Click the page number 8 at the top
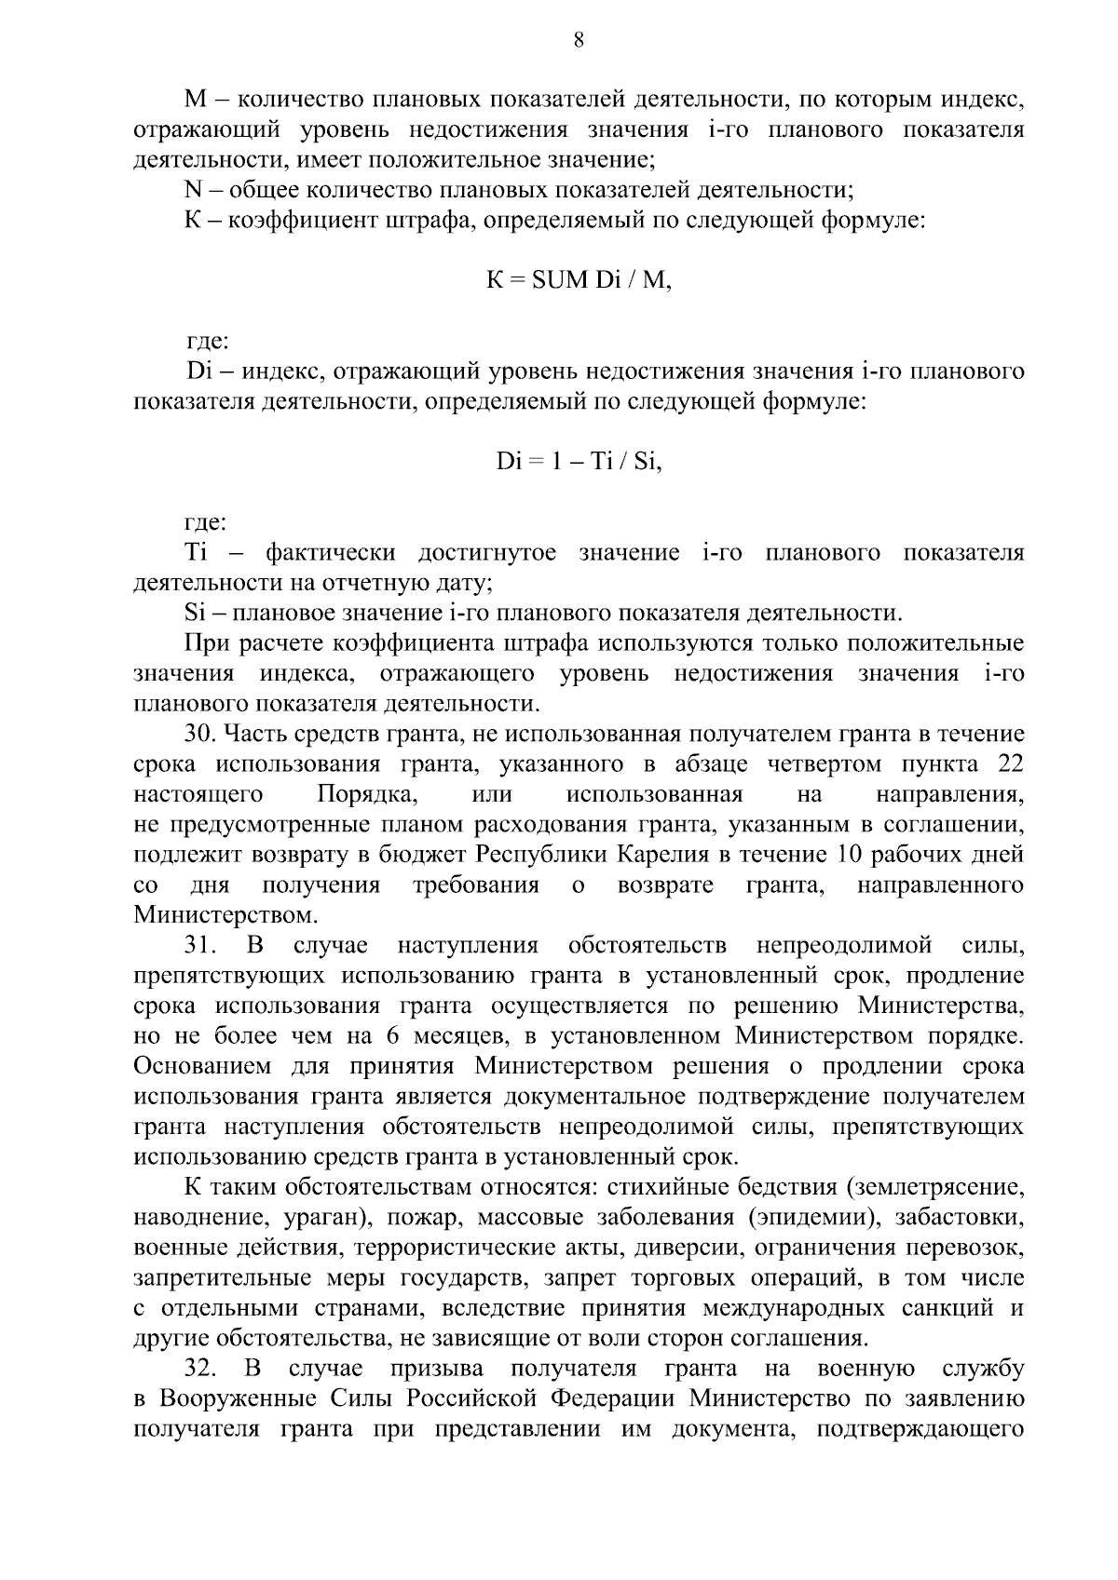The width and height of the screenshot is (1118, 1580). point(579,40)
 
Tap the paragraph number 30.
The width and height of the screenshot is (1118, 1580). point(201,734)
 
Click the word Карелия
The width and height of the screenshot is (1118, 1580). point(704,855)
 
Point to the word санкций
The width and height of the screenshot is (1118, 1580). point(948,1308)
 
